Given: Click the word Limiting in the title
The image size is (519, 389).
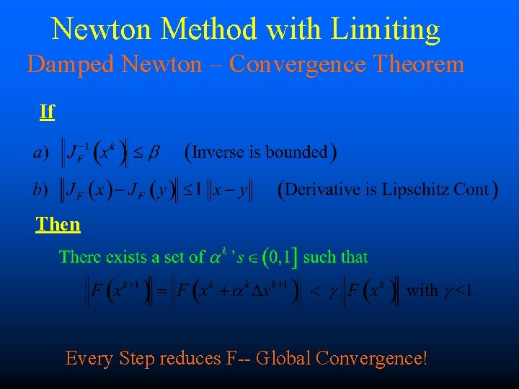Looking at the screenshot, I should tap(385, 30).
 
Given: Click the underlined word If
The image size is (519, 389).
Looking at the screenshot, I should tap(47, 112).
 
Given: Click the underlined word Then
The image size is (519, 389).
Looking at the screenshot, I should tap(58, 224).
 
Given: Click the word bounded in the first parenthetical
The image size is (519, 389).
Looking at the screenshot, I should tap(296, 153).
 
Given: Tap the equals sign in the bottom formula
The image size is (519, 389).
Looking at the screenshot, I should tap(162, 292).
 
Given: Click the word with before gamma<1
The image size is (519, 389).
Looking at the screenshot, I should tap(422, 291).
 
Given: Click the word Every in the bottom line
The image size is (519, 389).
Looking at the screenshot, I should tap(89, 358).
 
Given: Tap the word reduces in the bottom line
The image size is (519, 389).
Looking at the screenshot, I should tap(185, 358).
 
